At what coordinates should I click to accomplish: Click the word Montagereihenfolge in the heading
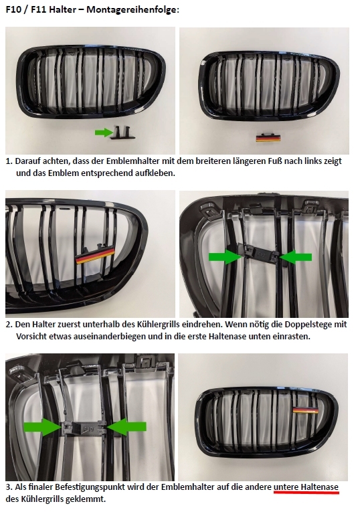pos(132,10)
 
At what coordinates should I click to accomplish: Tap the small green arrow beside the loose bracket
pos(104,133)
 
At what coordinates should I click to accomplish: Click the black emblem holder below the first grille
pos(123,133)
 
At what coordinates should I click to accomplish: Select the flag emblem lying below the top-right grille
pos(268,138)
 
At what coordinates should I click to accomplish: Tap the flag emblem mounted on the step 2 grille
pos(95,255)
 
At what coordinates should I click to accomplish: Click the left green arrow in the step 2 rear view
pos(225,256)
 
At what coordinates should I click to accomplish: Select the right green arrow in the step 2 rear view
pos(296,257)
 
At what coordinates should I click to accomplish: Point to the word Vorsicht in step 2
pos(31,337)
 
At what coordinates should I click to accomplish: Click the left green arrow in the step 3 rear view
pos(42,427)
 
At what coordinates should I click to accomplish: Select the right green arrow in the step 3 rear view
pos(126,426)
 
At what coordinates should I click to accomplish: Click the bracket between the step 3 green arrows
pos(84,428)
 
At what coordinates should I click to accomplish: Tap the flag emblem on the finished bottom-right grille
pos(306,410)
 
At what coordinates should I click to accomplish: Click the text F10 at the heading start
pos(13,10)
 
